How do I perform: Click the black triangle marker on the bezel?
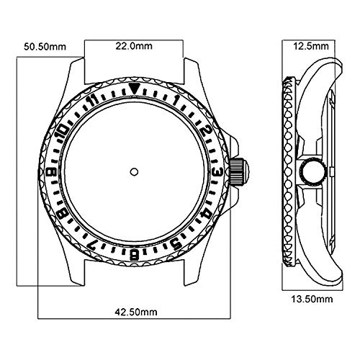point(135,88)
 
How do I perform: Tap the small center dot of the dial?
point(135,171)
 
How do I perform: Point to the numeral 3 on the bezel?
point(217,171)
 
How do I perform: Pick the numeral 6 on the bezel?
point(135,253)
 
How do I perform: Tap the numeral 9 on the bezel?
point(53,171)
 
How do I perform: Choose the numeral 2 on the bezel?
point(206,130)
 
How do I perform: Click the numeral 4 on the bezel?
point(206,212)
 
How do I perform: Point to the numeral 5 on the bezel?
point(176,242)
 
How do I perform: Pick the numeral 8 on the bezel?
point(63,212)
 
